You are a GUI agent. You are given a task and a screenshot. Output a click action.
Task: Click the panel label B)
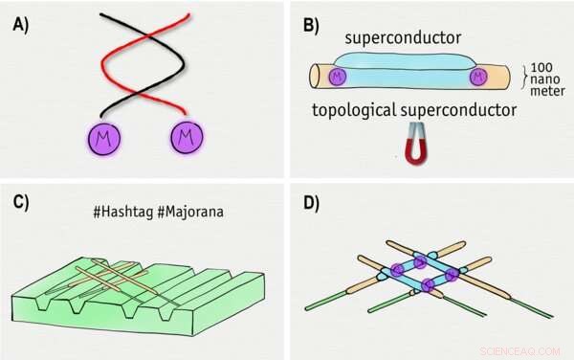coord(311,26)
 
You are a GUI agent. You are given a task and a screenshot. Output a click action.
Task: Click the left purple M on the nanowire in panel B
coord(337,75)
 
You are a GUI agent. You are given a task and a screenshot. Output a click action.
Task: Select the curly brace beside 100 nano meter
coord(522,73)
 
